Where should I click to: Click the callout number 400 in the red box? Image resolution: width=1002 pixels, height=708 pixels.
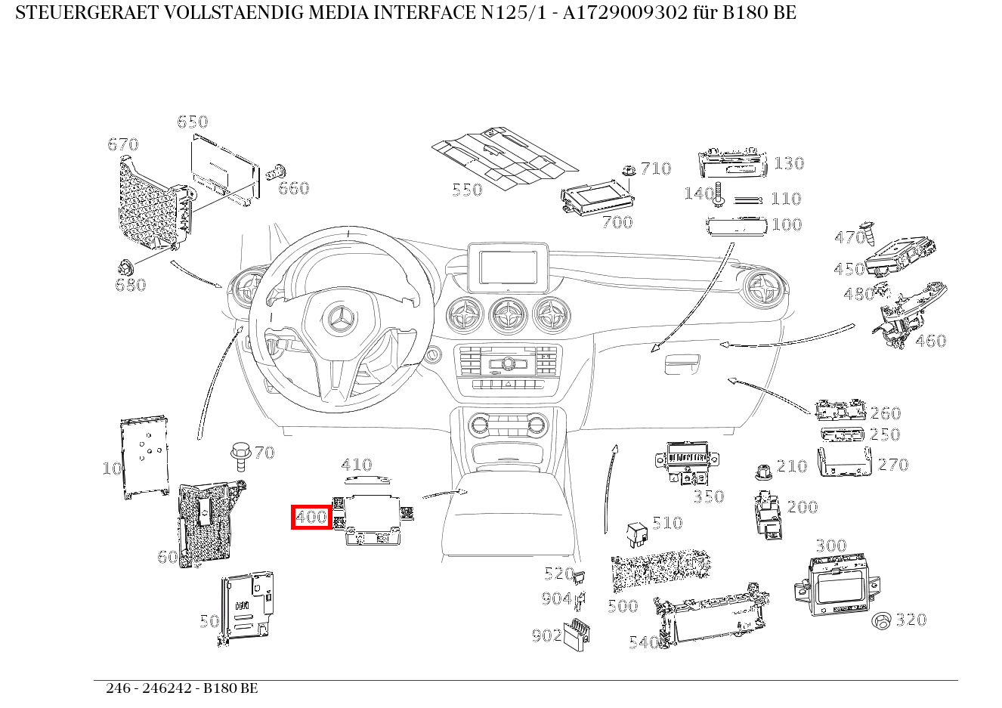(311, 518)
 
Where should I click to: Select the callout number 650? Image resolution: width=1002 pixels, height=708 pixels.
(192, 122)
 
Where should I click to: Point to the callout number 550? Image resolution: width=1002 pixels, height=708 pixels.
(466, 190)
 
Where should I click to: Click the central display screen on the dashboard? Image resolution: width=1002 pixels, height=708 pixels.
(507, 267)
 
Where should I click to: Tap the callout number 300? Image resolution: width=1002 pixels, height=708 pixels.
(830, 546)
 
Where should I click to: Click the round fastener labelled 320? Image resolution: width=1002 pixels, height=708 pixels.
(882, 621)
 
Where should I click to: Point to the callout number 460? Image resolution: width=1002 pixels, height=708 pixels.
(930, 341)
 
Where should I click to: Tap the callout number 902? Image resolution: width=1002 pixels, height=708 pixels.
(546, 635)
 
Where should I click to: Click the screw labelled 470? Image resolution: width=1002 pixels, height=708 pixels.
(871, 235)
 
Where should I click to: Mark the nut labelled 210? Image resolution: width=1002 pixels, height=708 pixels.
(763, 472)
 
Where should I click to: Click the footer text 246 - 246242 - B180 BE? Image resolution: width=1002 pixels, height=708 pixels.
(181, 688)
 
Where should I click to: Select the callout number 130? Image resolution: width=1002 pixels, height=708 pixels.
(788, 163)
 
